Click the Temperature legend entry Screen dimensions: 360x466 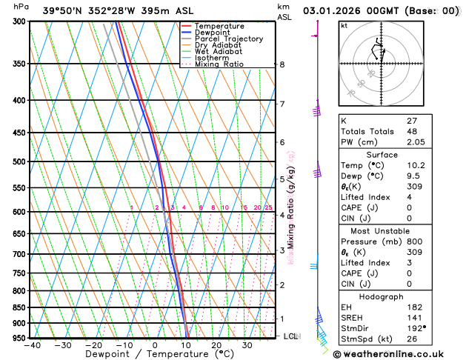tap(219, 26)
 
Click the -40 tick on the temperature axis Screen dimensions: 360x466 tap(32, 345)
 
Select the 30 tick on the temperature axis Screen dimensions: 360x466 tap(247, 345)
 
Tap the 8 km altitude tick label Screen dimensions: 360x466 tap(282, 64)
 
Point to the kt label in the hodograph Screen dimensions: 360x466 tap(344, 25)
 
